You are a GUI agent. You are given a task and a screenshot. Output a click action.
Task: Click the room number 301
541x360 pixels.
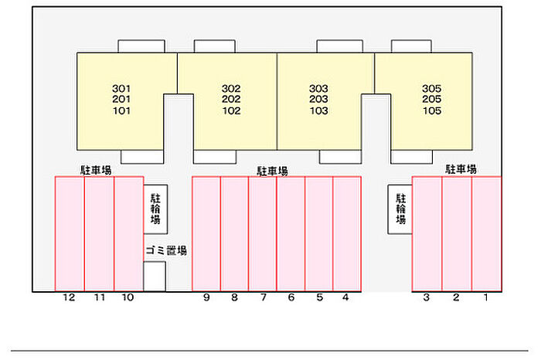pyautogui.click(x=121, y=88)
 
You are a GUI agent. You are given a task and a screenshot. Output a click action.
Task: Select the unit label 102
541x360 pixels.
pyautogui.click(x=231, y=110)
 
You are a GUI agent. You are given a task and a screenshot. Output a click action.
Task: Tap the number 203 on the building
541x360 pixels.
pyautogui.click(x=318, y=100)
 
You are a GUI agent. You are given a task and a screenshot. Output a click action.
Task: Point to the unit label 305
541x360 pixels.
pyautogui.click(x=432, y=88)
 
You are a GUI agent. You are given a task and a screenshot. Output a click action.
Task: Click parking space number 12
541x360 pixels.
pyautogui.click(x=70, y=297)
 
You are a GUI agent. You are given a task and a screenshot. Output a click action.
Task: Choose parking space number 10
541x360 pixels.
pyautogui.click(x=128, y=297)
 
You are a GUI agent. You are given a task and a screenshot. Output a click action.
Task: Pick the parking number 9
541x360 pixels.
pyautogui.click(x=206, y=297)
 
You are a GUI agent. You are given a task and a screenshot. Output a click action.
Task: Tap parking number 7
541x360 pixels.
pyautogui.click(x=263, y=297)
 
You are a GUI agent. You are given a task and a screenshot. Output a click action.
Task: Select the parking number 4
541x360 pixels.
pyautogui.click(x=345, y=297)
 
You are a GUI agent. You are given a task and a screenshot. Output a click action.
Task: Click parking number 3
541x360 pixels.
pyautogui.click(x=426, y=297)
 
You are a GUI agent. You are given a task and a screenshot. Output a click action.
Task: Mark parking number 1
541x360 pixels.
pyautogui.click(x=486, y=297)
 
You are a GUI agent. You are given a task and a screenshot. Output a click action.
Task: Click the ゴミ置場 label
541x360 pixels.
pyautogui.click(x=165, y=251)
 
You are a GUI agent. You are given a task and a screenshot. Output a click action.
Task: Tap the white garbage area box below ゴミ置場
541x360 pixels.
pyautogui.click(x=155, y=276)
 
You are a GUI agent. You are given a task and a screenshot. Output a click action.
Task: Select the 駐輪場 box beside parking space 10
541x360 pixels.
pyautogui.click(x=155, y=209)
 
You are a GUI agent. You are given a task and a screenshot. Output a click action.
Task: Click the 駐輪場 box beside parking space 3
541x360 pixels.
pyautogui.click(x=400, y=209)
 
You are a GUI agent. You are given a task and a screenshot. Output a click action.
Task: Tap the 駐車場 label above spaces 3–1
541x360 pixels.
pyautogui.click(x=460, y=169)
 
